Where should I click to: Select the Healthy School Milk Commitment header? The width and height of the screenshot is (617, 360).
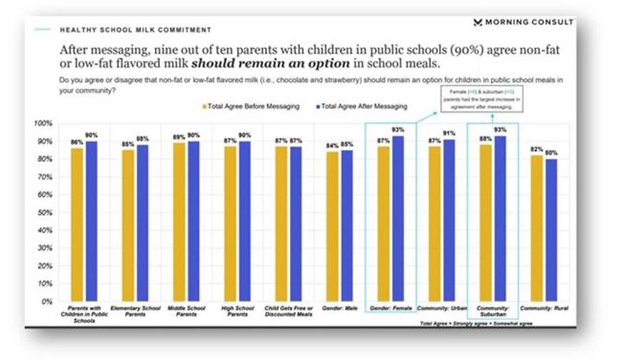click(136, 30)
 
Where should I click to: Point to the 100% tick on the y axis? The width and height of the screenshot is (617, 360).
click(44, 124)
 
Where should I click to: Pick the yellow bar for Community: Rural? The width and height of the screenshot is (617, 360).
click(537, 229)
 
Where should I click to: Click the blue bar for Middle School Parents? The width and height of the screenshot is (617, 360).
click(194, 221)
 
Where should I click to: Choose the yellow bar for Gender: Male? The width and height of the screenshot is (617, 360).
click(332, 226)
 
